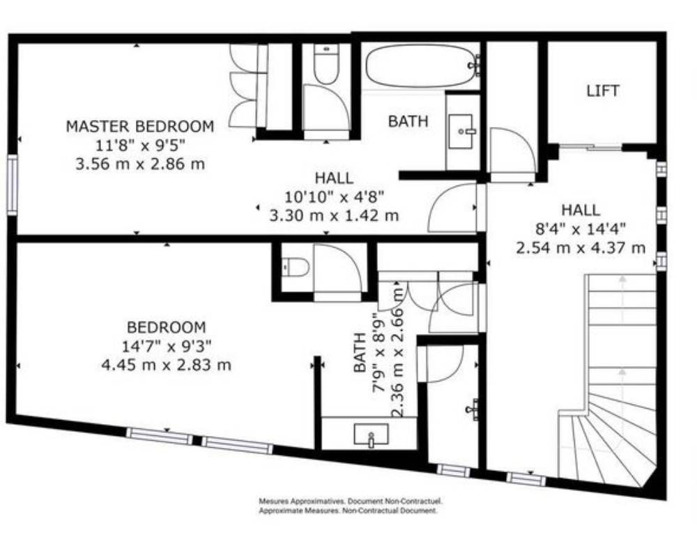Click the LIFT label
(603, 91)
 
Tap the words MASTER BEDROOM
(140, 126)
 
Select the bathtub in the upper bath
(421, 66)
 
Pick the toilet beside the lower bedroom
(296, 267)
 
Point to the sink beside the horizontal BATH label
(461, 131)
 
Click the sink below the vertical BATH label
(371, 435)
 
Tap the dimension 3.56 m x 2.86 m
(140, 164)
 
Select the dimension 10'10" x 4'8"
(335, 196)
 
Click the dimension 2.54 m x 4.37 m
(581, 248)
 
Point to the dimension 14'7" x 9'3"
(167, 346)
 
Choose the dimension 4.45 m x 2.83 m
(167, 365)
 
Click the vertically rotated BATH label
(360, 352)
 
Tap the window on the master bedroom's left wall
(13, 186)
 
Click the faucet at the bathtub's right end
(475, 65)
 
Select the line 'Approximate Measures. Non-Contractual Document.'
(348, 511)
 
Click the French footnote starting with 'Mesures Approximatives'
(351, 502)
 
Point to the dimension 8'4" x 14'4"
(581, 229)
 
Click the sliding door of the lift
(590, 147)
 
